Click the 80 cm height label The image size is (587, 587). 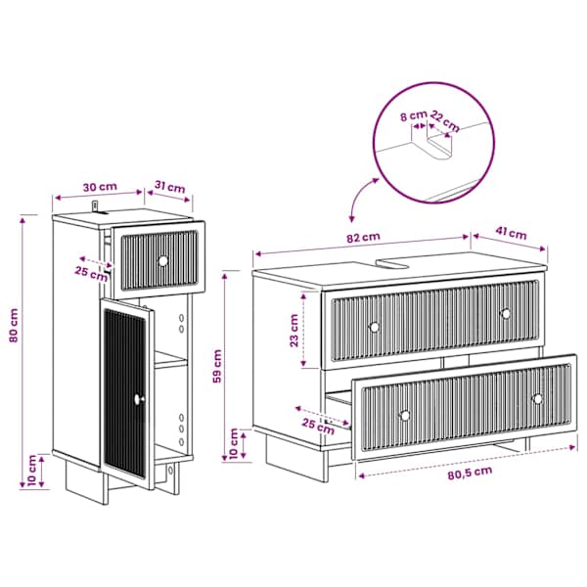click(x=14, y=326)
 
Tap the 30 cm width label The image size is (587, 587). click(x=100, y=187)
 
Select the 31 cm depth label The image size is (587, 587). click(x=170, y=187)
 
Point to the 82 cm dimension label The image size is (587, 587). click(x=363, y=238)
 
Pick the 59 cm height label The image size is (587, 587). click(x=217, y=366)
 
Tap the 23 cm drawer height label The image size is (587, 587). click(x=294, y=331)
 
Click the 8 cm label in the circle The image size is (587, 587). click(x=413, y=116)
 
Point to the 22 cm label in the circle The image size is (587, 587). click(x=445, y=121)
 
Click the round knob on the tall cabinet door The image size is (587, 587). click(x=139, y=399)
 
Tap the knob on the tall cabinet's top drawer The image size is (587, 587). click(x=163, y=261)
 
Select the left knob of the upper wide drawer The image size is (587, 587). click(x=374, y=327)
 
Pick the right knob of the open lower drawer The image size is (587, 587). click(x=538, y=399)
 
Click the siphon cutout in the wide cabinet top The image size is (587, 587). click(x=393, y=263)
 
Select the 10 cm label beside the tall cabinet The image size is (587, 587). click(x=32, y=471)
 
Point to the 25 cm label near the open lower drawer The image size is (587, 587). click(x=318, y=427)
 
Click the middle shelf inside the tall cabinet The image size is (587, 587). click(x=170, y=360)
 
